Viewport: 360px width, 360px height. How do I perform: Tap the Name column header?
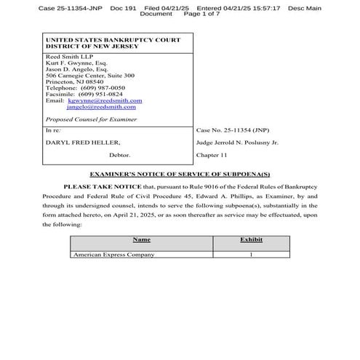[141, 239]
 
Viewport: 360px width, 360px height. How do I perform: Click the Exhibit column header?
[250, 239]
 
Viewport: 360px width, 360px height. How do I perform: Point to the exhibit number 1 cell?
[250, 255]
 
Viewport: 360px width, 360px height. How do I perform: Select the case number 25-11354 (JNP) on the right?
[230, 130]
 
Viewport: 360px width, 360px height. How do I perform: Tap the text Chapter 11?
[213, 155]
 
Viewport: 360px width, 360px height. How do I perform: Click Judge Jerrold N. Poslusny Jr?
[237, 143]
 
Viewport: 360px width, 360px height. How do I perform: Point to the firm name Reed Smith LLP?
[65, 55]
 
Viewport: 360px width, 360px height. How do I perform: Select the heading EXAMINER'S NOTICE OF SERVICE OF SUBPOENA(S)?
[180, 175]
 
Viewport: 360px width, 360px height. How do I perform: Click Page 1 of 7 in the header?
[204, 14]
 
